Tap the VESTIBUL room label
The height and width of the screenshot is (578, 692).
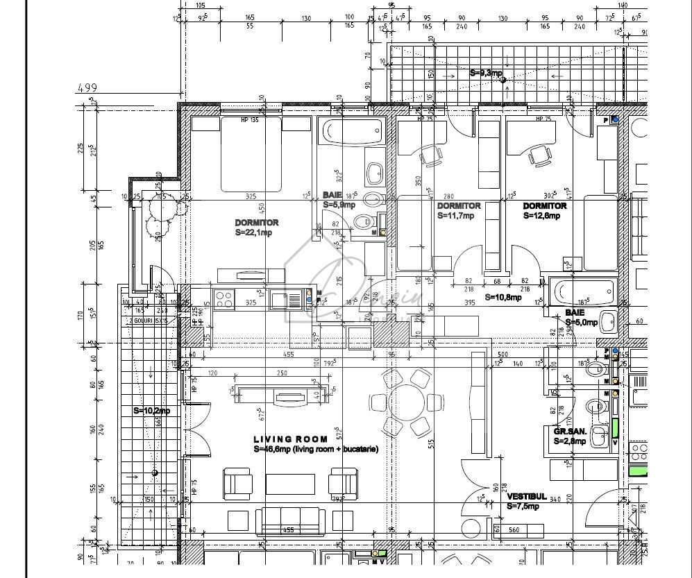click(x=524, y=497)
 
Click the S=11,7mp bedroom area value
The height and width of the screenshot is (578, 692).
click(x=456, y=216)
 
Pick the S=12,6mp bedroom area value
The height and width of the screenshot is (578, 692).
click(x=541, y=216)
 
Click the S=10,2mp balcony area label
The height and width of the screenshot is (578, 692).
click(x=151, y=411)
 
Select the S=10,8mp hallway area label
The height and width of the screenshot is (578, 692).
click(x=502, y=297)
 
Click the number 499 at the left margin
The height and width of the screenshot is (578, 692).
click(x=87, y=87)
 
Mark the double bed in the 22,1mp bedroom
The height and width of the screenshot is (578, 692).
click(x=251, y=154)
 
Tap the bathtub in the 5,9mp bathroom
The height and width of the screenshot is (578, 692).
click(x=352, y=129)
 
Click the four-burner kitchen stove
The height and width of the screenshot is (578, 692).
click(x=224, y=299)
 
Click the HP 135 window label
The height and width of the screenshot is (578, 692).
click(x=251, y=120)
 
